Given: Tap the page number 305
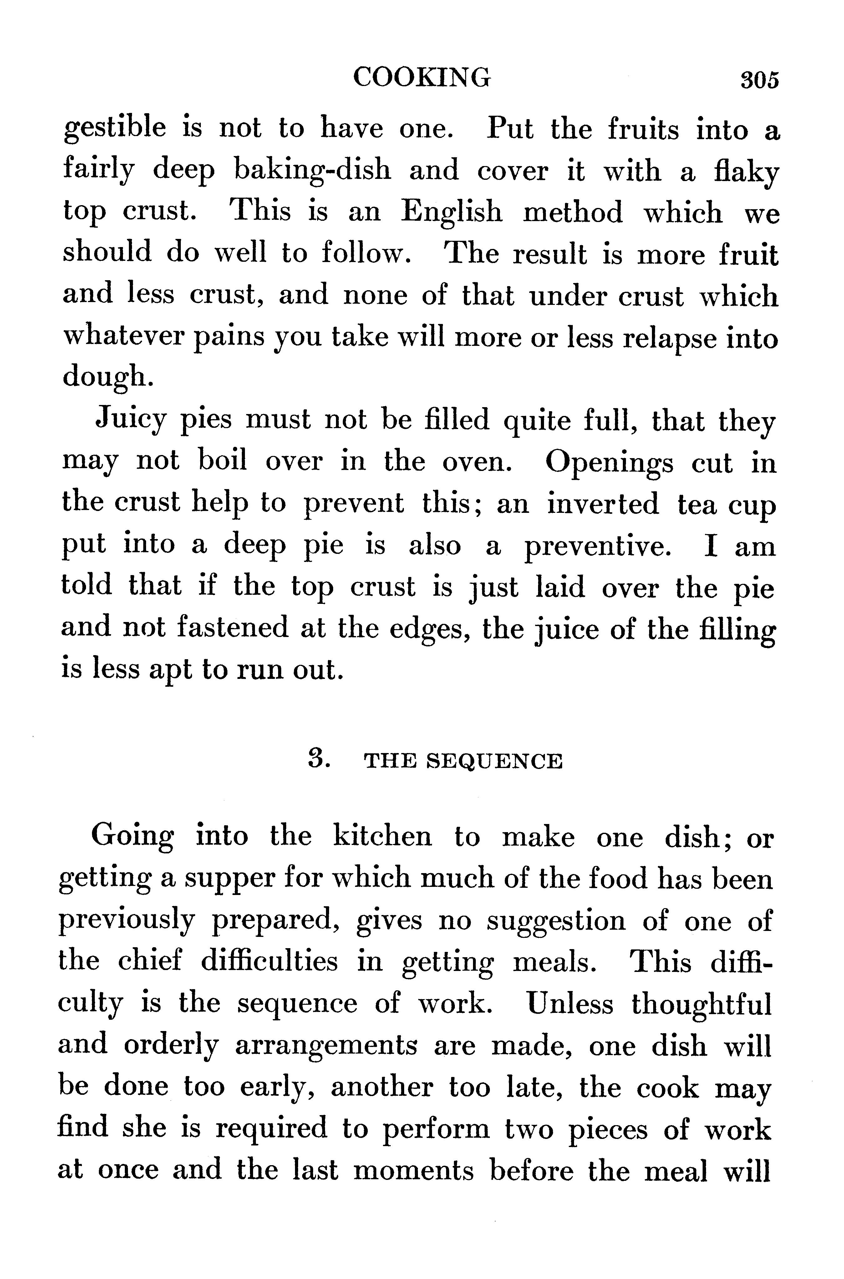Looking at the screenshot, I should click(x=760, y=80).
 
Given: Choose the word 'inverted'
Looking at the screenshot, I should click(x=603, y=504).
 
